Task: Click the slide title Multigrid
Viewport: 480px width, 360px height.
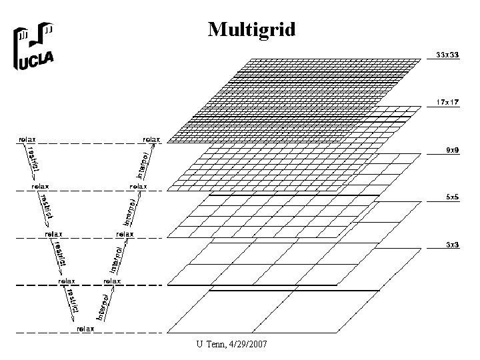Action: [251, 29]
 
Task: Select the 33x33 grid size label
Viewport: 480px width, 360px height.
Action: [447, 53]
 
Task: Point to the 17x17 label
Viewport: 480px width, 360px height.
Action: [447, 102]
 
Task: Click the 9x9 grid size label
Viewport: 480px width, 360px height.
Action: [451, 150]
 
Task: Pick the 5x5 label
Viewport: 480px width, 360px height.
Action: [451, 197]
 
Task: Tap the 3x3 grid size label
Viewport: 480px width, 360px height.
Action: [451, 245]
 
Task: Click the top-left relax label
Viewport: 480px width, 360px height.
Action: [27, 139]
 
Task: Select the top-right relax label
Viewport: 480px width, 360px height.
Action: [151, 139]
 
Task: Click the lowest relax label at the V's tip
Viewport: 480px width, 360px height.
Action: [85, 329]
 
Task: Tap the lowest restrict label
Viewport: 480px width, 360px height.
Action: [72, 304]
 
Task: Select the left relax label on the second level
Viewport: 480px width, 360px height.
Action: [41, 187]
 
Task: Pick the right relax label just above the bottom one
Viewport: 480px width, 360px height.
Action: [112, 281]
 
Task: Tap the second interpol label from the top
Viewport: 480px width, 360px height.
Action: [132, 210]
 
